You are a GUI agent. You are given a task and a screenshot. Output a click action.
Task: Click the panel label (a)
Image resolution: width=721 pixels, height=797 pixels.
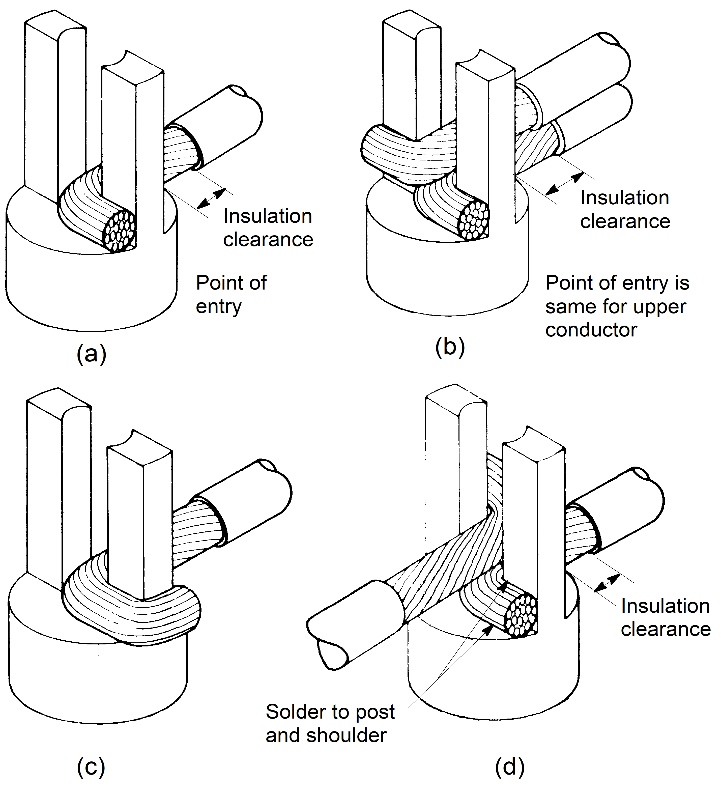coord(91,353)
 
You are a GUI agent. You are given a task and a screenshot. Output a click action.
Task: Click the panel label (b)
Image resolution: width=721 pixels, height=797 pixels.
coord(450,347)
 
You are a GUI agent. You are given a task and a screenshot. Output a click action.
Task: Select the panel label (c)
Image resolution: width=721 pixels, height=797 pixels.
coord(91,767)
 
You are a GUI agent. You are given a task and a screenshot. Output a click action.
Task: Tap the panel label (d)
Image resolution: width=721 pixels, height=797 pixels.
coord(509,767)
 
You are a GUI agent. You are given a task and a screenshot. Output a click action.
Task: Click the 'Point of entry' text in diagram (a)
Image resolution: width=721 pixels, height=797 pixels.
coord(231,295)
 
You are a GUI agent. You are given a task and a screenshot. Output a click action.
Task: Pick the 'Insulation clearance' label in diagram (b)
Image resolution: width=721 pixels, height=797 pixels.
coord(625,210)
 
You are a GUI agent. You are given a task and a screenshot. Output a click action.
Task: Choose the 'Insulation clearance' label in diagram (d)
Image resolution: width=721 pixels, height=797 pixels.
coord(665,617)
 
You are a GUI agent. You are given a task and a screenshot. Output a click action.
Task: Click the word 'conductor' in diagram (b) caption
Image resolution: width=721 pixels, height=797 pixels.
coord(591,330)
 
